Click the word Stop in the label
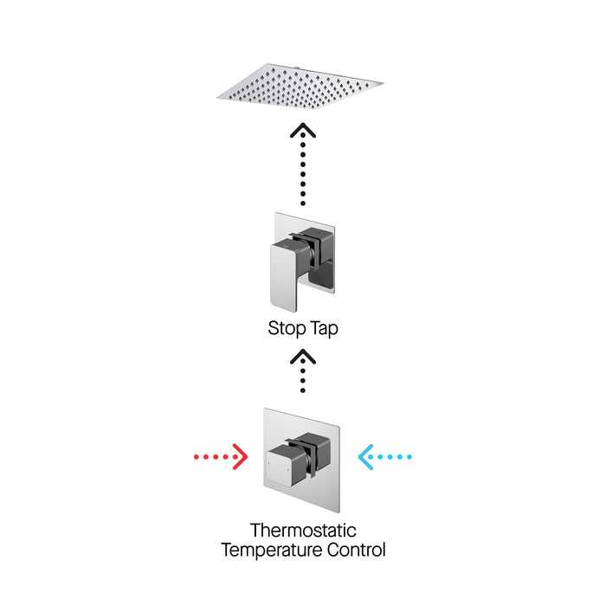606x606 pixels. click(x=284, y=329)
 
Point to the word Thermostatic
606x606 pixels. click(x=303, y=530)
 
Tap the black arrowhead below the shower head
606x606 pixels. click(x=302, y=132)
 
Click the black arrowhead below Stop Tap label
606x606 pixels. click(x=302, y=357)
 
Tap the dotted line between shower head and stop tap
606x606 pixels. click(x=302, y=173)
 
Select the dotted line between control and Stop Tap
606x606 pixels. click(x=302, y=381)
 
